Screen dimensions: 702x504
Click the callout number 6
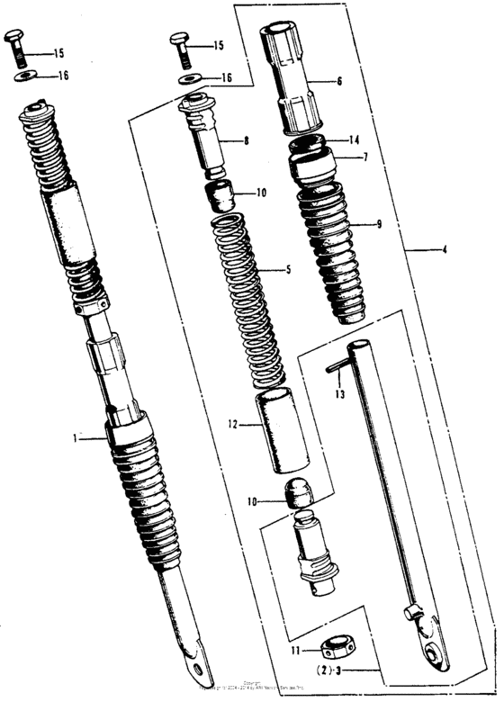pos(340,81)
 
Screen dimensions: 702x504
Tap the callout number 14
pos(355,139)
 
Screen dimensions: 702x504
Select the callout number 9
pos(379,224)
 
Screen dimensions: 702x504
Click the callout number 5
pos(288,269)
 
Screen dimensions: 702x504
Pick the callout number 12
pos(233,423)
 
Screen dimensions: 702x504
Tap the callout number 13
pos(340,394)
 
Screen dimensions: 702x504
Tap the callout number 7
pos(365,157)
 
